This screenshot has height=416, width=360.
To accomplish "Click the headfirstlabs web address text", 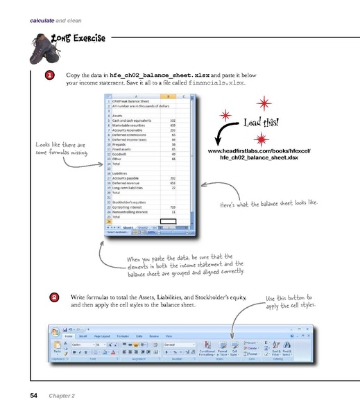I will (x=257, y=154).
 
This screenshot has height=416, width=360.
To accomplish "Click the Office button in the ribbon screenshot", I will (x=53, y=332).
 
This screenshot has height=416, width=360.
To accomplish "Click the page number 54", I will (x=33, y=396).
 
